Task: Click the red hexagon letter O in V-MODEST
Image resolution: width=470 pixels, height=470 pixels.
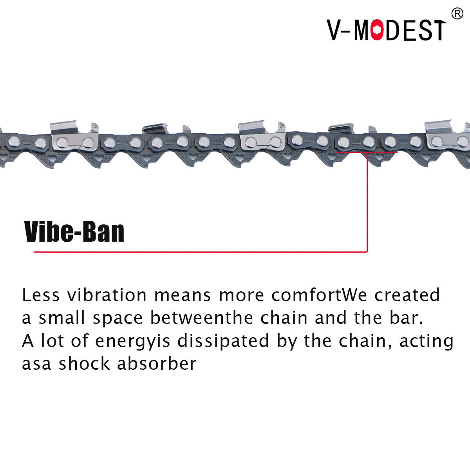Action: click(377, 30)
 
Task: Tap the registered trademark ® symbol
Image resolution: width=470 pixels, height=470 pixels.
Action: click(457, 14)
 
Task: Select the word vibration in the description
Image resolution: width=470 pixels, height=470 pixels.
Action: click(107, 295)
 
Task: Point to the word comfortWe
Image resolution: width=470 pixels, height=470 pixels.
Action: click(319, 295)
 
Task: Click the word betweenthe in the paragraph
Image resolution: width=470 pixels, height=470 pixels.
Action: click(202, 318)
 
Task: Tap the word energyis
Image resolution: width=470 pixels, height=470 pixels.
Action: click(132, 342)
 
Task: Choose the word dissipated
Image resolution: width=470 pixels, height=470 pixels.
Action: click(223, 342)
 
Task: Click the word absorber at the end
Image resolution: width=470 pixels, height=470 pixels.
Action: click(157, 363)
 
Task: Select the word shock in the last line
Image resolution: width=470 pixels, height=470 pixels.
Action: click(84, 363)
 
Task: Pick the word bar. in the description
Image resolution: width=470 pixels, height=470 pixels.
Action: click(406, 318)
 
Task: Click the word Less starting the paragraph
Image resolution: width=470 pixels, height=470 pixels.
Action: click(41, 295)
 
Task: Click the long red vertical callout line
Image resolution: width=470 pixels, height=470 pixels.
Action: click(367, 202)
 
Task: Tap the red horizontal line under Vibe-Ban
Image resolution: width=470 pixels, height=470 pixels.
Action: click(200, 252)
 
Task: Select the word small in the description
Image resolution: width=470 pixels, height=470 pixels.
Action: click(62, 318)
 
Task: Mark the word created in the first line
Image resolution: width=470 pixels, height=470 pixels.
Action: click(407, 295)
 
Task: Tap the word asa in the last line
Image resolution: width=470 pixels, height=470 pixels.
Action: click(36, 363)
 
